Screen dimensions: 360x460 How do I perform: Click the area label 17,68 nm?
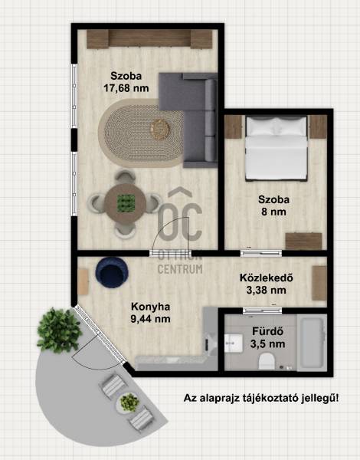[126, 88]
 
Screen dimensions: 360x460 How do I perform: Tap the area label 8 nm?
[273, 212]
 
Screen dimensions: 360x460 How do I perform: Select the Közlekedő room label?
[267, 278]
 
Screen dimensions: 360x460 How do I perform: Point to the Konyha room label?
[150, 307]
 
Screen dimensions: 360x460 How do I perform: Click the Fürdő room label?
[267, 331]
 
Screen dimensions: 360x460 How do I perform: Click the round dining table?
[126, 203]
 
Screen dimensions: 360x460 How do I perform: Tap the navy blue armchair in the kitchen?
[112, 272]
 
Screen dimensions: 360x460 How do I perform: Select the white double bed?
[276, 148]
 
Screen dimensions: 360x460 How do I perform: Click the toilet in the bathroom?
[267, 361]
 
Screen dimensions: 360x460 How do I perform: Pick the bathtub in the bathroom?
[312, 343]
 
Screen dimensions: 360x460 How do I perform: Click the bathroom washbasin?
[234, 343]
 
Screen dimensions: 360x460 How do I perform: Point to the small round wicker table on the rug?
[160, 129]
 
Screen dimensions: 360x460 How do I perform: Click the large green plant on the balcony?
[59, 330]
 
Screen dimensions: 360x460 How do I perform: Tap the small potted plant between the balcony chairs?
[129, 402]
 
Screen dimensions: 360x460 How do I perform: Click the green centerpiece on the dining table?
[126, 203]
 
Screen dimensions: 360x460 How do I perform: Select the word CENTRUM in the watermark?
[180, 269]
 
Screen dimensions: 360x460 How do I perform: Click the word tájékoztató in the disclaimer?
[271, 398]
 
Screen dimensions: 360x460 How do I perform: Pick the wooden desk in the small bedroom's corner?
[304, 242]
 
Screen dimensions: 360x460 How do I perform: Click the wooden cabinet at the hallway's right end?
[319, 283]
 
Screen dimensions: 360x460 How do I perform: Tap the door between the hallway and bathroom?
[262, 310]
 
